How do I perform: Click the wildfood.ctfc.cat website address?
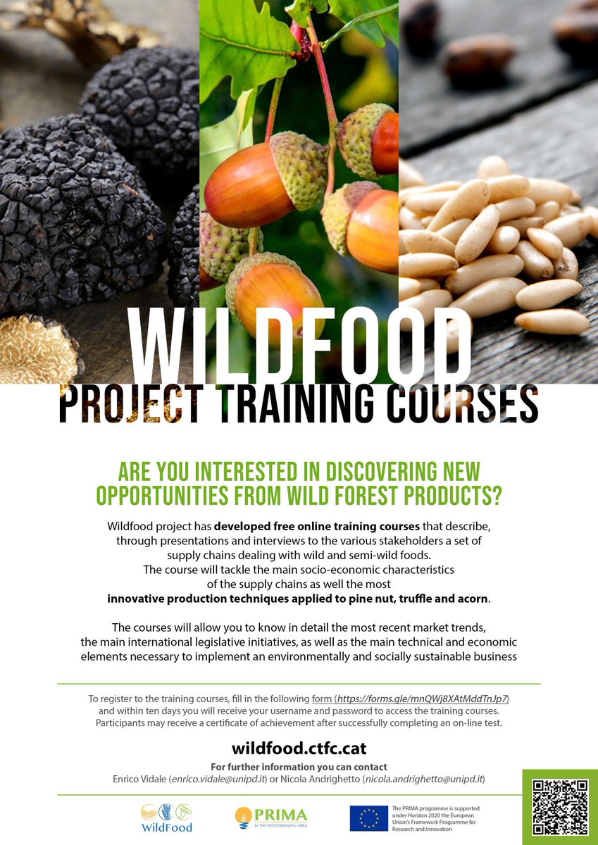tap(299, 749)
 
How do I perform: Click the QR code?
tap(560, 807)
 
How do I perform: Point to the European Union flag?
tap(369, 819)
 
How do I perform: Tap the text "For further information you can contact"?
tap(299, 767)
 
